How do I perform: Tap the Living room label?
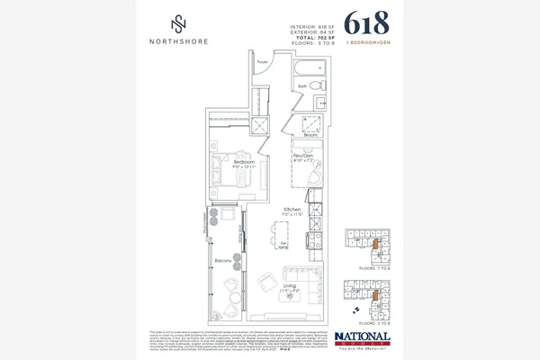(290, 286)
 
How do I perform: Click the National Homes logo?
(362, 340)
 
